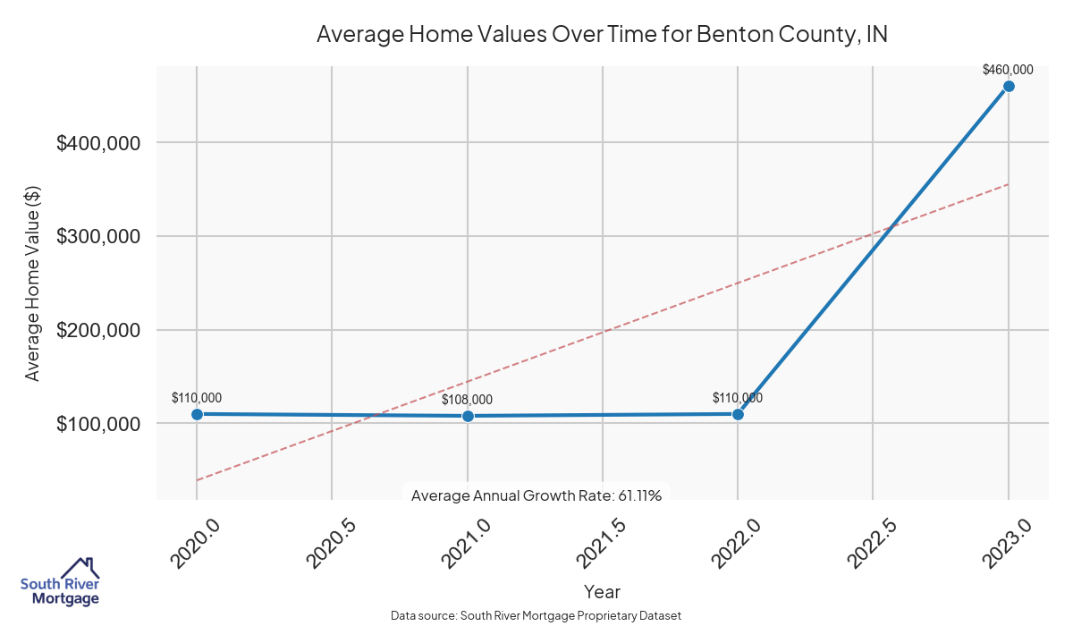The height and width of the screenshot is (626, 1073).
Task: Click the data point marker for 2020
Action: point(197,414)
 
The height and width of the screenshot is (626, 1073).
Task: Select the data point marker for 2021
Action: point(468,416)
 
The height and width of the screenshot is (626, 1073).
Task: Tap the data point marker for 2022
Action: point(738,414)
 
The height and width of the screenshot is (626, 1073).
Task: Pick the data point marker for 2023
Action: point(1009,86)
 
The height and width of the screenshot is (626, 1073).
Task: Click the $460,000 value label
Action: point(1008,69)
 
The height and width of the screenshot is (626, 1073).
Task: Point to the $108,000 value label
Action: point(467,400)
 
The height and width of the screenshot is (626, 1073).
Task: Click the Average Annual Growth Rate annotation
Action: point(536,495)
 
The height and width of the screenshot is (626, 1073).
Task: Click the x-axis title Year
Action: point(602,592)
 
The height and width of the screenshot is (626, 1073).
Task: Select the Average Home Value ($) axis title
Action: point(33,283)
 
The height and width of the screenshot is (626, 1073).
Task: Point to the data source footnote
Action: point(536,616)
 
